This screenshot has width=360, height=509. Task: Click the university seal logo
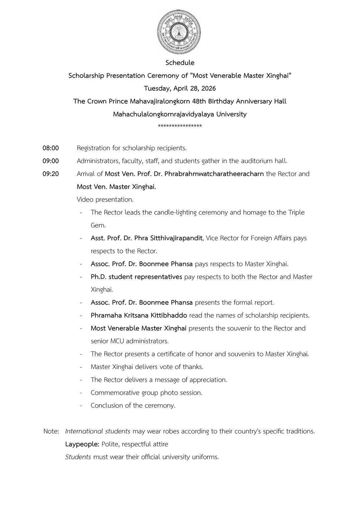(x=180, y=32)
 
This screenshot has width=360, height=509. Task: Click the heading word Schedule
(x=180, y=63)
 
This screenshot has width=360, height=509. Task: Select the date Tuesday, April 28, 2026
(x=180, y=88)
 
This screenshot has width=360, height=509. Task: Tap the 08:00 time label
(x=51, y=148)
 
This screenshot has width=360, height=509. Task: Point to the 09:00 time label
(x=51, y=161)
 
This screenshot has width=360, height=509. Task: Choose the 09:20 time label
(x=51, y=174)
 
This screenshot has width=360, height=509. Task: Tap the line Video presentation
(x=105, y=199)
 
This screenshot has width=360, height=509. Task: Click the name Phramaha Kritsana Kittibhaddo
(x=139, y=315)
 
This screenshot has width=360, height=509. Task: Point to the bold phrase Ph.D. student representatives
(x=137, y=277)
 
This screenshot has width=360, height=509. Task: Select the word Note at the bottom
(x=51, y=431)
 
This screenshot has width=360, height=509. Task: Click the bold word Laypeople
(x=82, y=444)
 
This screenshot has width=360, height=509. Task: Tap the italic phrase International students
(x=98, y=431)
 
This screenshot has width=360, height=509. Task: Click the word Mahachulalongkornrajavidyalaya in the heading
(x=164, y=114)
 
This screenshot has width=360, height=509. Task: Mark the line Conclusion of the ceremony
(x=133, y=405)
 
